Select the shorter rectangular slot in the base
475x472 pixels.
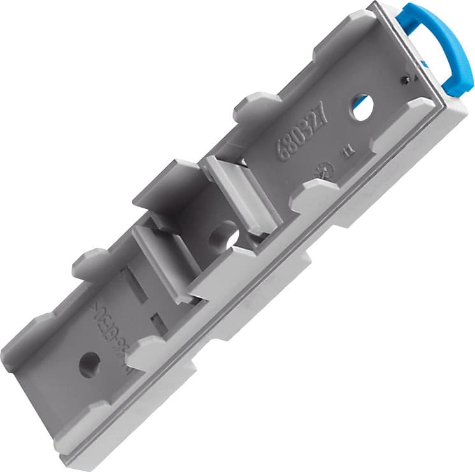159,322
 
